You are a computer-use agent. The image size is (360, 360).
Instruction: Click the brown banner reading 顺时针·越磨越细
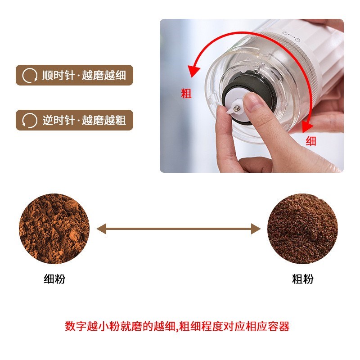(x=75, y=75)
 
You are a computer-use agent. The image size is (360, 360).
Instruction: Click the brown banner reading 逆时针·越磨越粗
(x=75, y=120)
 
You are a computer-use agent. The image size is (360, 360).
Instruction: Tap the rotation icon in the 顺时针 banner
(x=30, y=75)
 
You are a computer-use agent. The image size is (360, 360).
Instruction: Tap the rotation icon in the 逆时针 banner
(x=30, y=121)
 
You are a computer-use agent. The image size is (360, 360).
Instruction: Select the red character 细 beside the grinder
(x=311, y=141)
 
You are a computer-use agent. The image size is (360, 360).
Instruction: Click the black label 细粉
(x=54, y=279)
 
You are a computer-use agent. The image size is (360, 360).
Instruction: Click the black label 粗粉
(x=302, y=279)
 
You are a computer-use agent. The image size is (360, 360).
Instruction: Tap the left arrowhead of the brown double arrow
(x=101, y=229)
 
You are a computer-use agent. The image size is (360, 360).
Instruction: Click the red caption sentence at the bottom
(x=177, y=326)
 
